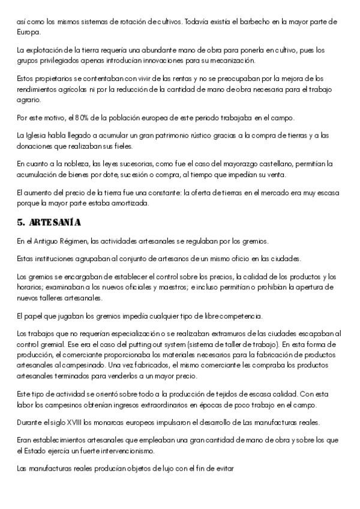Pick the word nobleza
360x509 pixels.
coord(72,163)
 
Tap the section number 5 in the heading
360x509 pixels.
coord(20,222)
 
